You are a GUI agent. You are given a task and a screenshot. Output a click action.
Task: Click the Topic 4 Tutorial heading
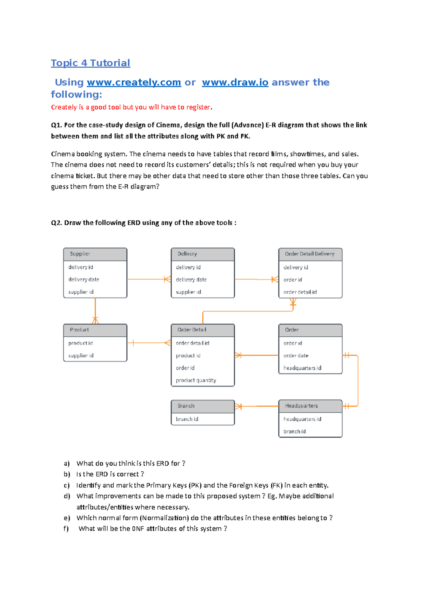tap(91, 63)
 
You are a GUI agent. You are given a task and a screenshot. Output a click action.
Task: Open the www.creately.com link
tap(134, 82)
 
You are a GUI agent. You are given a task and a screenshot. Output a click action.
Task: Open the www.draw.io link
tap(235, 82)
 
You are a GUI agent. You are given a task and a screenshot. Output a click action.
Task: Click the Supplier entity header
tap(95, 254)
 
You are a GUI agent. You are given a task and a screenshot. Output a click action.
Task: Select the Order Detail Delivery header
tap(310, 254)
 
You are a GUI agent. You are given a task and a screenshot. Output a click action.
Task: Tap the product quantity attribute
tap(196, 380)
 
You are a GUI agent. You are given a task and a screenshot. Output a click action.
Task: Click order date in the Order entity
tap(296, 356)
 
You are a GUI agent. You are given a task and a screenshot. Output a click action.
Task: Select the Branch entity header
tap(202, 406)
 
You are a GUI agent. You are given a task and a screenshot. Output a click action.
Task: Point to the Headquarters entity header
tap(310, 406)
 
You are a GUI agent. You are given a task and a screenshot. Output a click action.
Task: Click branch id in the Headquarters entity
tap(294, 431)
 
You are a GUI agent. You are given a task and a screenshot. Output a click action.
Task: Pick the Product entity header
tap(95, 330)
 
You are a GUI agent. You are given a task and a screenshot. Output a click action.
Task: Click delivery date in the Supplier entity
tap(83, 280)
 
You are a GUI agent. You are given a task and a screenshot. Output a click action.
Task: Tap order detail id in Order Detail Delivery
tap(300, 292)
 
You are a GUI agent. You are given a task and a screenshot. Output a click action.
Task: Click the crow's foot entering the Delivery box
tap(167, 279)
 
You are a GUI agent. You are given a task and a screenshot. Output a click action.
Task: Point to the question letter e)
tap(67, 518)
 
